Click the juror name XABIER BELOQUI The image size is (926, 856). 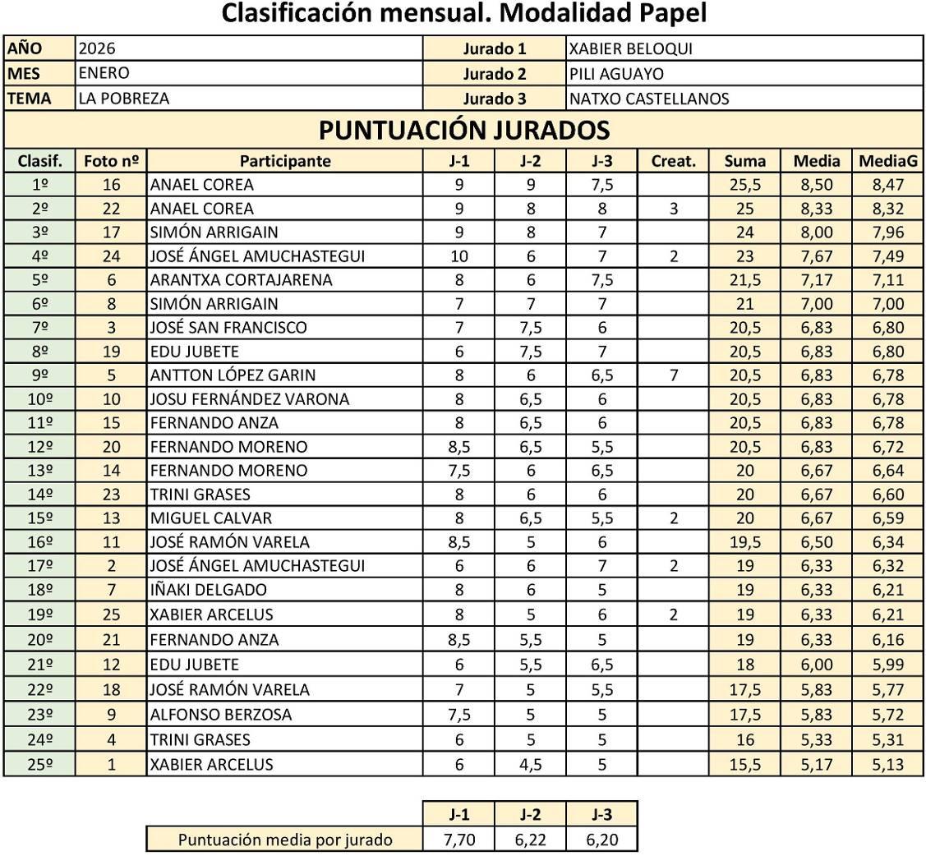[x=630, y=49]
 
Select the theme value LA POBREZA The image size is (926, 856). [x=124, y=99]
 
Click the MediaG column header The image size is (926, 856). [x=887, y=161]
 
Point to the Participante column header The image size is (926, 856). [x=285, y=161]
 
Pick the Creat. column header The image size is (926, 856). [x=673, y=161]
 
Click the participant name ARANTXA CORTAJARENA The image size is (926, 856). [x=241, y=280]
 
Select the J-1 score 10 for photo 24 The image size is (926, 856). [x=458, y=256]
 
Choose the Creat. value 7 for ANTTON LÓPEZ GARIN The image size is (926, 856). [x=673, y=375]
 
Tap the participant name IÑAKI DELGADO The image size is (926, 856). [x=205, y=590]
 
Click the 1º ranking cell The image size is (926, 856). [x=39, y=185]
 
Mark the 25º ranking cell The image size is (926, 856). [x=39, y=765]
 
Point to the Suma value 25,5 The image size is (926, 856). [x=744, y=185]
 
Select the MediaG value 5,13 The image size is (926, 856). [x=887, y=765]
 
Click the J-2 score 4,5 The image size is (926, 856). [x=530, y=765]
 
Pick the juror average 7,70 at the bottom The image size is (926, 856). [x=458, y=840]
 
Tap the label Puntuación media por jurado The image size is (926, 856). [x=285, y=840]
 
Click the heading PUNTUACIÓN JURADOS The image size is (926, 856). [x=463, y=130]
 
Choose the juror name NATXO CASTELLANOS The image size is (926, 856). [x=649, y=99]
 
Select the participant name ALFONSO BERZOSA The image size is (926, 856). [x=220, y=715]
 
